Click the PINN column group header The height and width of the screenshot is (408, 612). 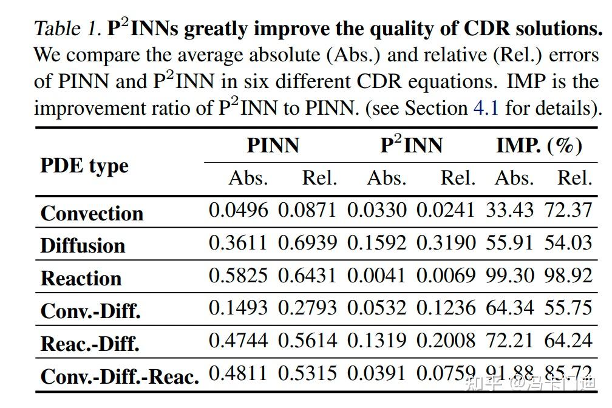273,146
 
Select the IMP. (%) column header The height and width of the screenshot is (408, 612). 539,146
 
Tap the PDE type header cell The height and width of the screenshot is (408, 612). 84,165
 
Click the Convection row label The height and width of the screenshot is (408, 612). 92,213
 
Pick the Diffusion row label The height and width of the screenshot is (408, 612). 83,245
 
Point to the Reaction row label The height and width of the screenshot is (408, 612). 81,278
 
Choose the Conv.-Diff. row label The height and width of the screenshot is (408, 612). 90,311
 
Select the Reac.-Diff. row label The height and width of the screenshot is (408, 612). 90,343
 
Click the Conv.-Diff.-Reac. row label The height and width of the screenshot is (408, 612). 120,376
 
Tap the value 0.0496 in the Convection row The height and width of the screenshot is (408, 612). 238,210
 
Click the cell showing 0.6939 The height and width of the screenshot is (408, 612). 307,243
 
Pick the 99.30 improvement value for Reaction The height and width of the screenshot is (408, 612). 509,276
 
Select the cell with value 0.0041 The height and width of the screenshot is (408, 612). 376,276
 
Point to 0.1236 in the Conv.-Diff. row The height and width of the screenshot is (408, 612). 445,308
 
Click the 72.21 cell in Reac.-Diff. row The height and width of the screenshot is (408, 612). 509,341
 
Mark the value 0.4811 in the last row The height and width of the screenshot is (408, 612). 238,373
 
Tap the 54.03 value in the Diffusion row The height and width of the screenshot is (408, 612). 568,243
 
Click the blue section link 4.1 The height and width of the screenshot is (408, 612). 486,108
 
